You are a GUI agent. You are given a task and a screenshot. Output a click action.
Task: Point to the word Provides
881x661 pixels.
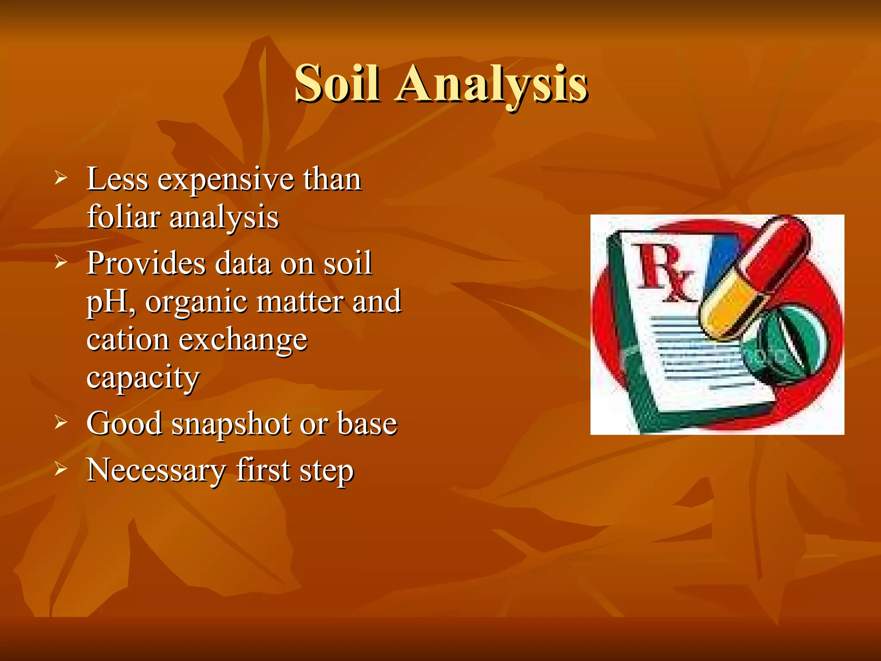pos(146,263)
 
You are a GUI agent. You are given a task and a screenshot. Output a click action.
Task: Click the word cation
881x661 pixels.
pos(127,340)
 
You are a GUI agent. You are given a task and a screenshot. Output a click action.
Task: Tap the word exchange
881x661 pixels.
pos(243,340)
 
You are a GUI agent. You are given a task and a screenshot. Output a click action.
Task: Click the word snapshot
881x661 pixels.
pos(231,424)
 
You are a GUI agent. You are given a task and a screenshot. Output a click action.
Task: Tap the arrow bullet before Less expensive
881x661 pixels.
pos(61,177)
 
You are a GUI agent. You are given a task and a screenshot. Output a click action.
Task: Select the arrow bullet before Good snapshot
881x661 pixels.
pos(61,423)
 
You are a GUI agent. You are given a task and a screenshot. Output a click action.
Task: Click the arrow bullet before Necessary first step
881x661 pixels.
pos(61,469)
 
